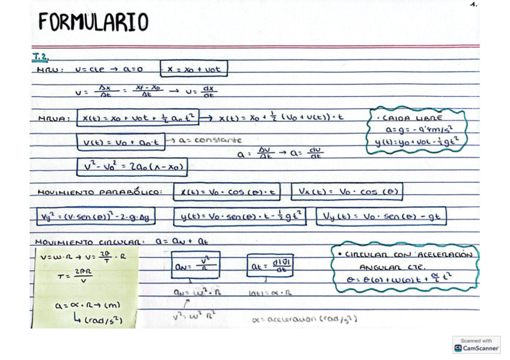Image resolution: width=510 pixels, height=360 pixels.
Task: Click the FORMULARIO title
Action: [93, 22]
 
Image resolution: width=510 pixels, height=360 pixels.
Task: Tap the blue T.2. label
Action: [40, 57]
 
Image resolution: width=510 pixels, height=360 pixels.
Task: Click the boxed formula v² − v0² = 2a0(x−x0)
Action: [132, 166]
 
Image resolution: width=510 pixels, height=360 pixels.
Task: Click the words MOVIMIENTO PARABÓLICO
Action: [99, 192]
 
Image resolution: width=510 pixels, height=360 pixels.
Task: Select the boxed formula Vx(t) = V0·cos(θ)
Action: [346, 192]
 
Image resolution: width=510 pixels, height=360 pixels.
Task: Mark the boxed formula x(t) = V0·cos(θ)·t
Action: [227, 192]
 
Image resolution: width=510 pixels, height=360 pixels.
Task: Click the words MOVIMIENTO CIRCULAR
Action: [88, 242]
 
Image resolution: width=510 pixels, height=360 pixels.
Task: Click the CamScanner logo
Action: [476, 345]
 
